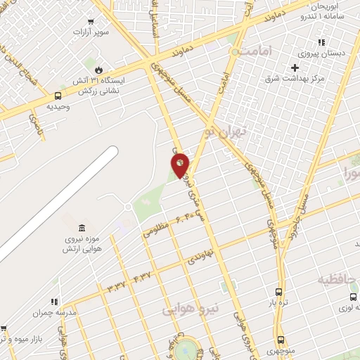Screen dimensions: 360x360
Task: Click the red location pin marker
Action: click(180, 164)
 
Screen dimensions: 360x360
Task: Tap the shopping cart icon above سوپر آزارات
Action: click(90, 22)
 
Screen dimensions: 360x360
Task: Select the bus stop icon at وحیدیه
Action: click(58, 96)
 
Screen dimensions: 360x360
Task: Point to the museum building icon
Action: click(82, 228)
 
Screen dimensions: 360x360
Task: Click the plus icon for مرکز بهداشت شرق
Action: click(295, 67)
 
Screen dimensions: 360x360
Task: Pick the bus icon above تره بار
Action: click(279, 292)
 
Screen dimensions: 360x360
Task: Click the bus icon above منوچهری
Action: click(281, 339)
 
